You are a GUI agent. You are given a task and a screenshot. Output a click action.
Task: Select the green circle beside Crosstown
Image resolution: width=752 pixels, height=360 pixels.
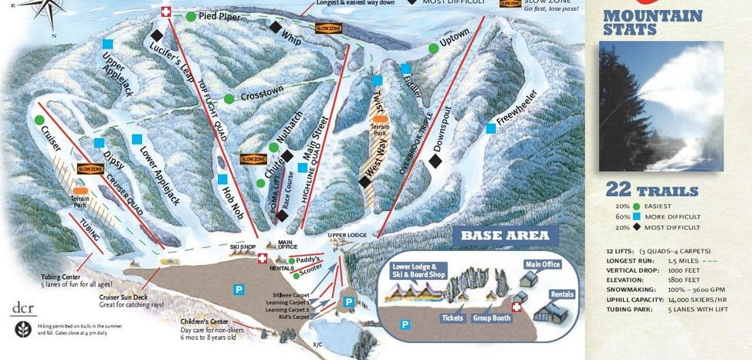[x=229, y=98]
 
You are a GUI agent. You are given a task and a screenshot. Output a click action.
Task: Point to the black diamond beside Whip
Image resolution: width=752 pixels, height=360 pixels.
[x=275, y=27]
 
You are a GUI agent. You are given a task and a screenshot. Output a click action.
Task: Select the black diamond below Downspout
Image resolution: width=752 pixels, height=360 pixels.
[x=435, y=161]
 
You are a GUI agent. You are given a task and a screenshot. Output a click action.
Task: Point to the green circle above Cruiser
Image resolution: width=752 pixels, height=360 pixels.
[x=39, y=120]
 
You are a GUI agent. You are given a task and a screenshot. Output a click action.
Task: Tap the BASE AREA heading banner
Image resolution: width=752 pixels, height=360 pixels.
[x=505, y=236]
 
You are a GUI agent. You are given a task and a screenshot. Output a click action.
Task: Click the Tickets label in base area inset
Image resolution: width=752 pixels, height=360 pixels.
[x=452, y=318]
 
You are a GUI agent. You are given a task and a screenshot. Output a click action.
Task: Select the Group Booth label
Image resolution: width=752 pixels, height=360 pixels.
[x=493, y=318]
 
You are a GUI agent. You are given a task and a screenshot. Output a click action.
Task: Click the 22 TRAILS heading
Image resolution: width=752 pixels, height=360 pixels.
[x=652, y=191]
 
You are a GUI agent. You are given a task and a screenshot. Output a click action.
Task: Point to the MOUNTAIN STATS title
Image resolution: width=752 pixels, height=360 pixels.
[x=652, y=22]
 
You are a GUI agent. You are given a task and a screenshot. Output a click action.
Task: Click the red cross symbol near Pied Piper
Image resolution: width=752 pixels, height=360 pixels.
[x=165, y=12]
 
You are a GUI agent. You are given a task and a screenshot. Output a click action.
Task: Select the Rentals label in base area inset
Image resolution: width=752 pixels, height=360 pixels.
[x=562, y=294]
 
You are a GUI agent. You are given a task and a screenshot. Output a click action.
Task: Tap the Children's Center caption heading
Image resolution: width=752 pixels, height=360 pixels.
[x=204, y=322]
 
